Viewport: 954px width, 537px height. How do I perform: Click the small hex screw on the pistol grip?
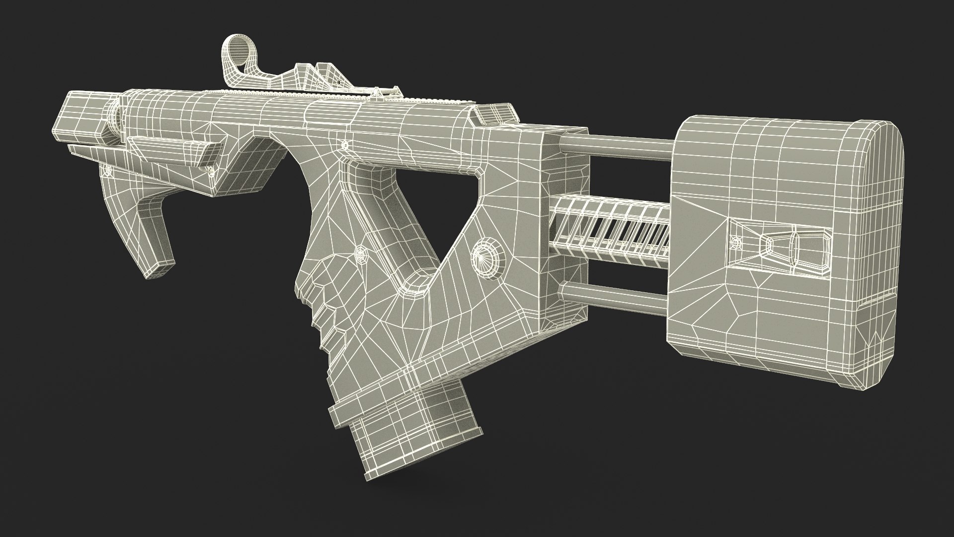pos(359,252)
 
